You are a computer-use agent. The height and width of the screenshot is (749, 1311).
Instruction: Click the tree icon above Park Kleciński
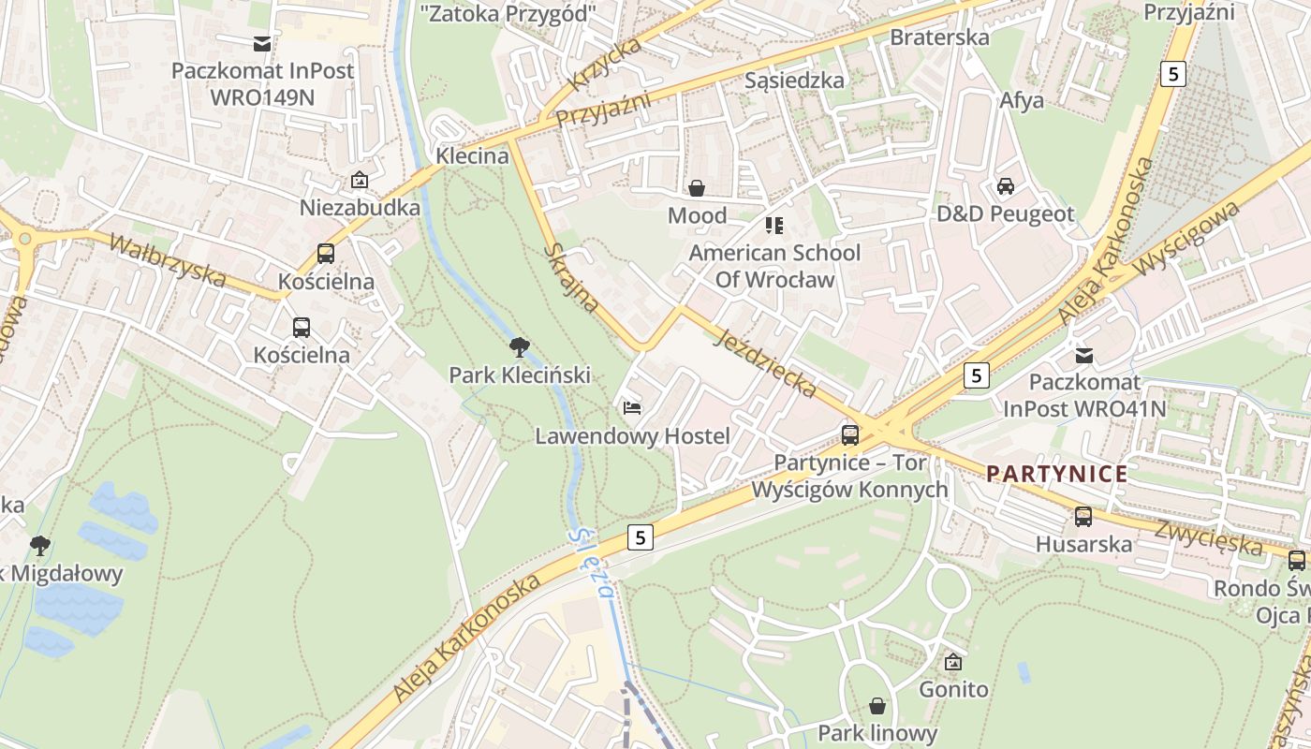519,347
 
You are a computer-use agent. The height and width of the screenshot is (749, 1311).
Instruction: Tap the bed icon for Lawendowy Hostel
632,407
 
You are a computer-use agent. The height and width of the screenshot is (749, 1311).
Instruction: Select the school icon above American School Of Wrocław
773,225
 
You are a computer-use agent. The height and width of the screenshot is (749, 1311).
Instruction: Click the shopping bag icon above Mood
697,188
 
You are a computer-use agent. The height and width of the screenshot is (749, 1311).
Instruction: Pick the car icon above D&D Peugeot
1006,185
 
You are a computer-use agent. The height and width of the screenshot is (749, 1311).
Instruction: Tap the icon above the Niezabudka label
360,180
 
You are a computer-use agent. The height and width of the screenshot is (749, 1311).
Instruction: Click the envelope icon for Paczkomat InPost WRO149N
261,43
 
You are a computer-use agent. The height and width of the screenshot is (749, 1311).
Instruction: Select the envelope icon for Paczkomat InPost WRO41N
1084,355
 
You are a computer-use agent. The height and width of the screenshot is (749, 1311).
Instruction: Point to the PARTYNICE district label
1057,474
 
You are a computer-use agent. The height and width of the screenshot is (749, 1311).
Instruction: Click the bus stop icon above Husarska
1083,516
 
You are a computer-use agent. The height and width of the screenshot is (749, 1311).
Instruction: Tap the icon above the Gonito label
953,662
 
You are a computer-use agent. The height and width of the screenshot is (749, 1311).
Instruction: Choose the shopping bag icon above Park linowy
877,705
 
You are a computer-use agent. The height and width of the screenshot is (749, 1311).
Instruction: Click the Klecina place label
473,155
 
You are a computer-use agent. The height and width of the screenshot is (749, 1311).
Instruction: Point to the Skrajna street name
571,277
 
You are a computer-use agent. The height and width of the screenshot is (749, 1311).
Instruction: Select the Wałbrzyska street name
167,260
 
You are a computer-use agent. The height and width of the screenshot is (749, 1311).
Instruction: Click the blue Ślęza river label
593,559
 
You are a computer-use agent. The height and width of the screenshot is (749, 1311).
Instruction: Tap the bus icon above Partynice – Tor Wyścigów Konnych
850,434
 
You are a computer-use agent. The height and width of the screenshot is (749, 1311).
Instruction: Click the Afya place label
1022,100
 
